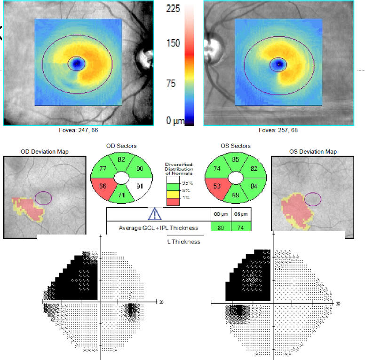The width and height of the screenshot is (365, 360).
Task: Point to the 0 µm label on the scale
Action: tap(174, 121)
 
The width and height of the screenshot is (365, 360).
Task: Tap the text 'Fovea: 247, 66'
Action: tap(78, 130)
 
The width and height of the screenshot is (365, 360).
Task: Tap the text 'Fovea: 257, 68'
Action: tap(278, 130)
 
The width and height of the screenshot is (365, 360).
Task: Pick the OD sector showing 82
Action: tap(121, 160)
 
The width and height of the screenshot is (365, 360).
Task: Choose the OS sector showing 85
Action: tap(237, 160)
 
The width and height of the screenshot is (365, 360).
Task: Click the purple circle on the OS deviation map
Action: tap(313, 199)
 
